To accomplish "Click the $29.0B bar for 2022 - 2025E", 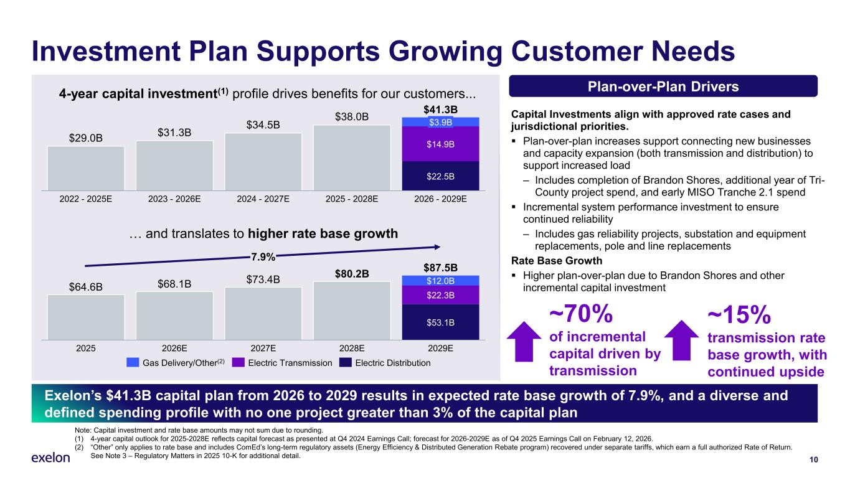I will point(86,168).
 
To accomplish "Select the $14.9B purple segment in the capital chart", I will point(440,144).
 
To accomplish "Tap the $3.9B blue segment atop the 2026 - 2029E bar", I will point(440,122).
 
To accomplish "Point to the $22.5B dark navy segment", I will point(440,176).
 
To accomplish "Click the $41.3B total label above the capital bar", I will point(440,110).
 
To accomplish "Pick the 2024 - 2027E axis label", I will point(263,200).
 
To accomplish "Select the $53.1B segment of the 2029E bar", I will point(440,322).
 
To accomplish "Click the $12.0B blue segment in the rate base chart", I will point(440,280).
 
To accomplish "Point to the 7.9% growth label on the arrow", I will point(263,256).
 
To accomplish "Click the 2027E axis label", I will point(263,349).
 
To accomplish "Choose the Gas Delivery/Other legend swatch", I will point(133,363).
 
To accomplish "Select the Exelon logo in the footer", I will point(50,458).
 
